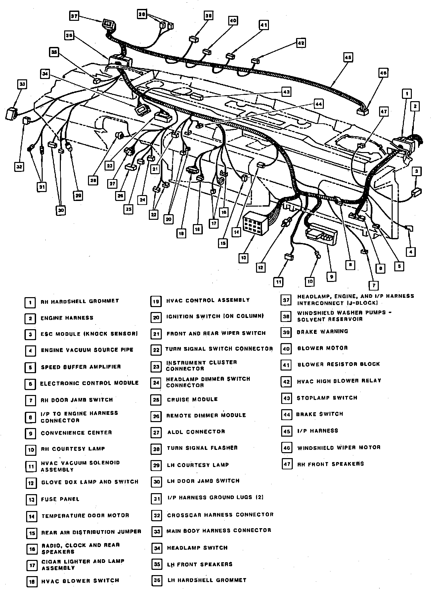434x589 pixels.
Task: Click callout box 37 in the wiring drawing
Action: [x=74, y=16]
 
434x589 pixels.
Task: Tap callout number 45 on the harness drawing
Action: [x=348, y=58]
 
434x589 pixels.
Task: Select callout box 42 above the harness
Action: [x=301, y=43]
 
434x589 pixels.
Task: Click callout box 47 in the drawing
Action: [x=383, y=112]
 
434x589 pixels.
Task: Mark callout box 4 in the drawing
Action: [x=411, y=252]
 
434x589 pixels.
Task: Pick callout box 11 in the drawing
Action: [x=279, y=282]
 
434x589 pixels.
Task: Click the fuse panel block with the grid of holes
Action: [x=255, y=223]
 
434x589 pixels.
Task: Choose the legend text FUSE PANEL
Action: [x=60, y=499]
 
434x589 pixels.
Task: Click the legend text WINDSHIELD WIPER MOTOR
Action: [x=339, y=448]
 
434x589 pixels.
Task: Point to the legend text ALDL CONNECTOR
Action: [x=196, y=432]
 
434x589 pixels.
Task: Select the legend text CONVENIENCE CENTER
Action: [x=76, y=433]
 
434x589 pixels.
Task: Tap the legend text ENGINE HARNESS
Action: [x=67, y=318]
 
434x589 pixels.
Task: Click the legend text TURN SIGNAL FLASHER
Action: [x=202, y=448]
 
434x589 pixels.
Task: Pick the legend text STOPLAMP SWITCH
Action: [x=327, y=398]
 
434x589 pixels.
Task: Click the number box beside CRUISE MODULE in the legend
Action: [x=156, y=400]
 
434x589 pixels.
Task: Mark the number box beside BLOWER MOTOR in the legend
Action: [x=286, y=349]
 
